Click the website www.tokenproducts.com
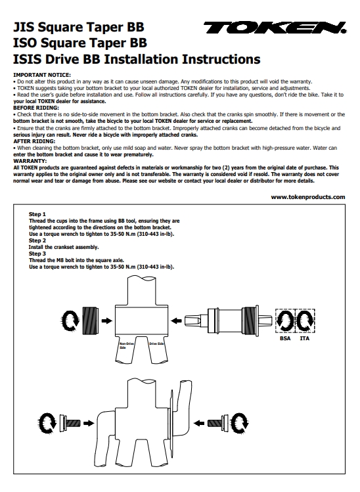tap(307, 196)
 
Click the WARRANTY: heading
tap(30, 160)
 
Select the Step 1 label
tap(38, 214)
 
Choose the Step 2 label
tap(38, 240)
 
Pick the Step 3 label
tap(38, 254)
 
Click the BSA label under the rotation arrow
tap(285, 338)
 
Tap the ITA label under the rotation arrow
tap(305, 338)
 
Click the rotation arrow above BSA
tap(285, 321)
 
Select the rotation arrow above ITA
tap(305, 321)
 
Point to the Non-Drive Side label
tap(125, 346)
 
